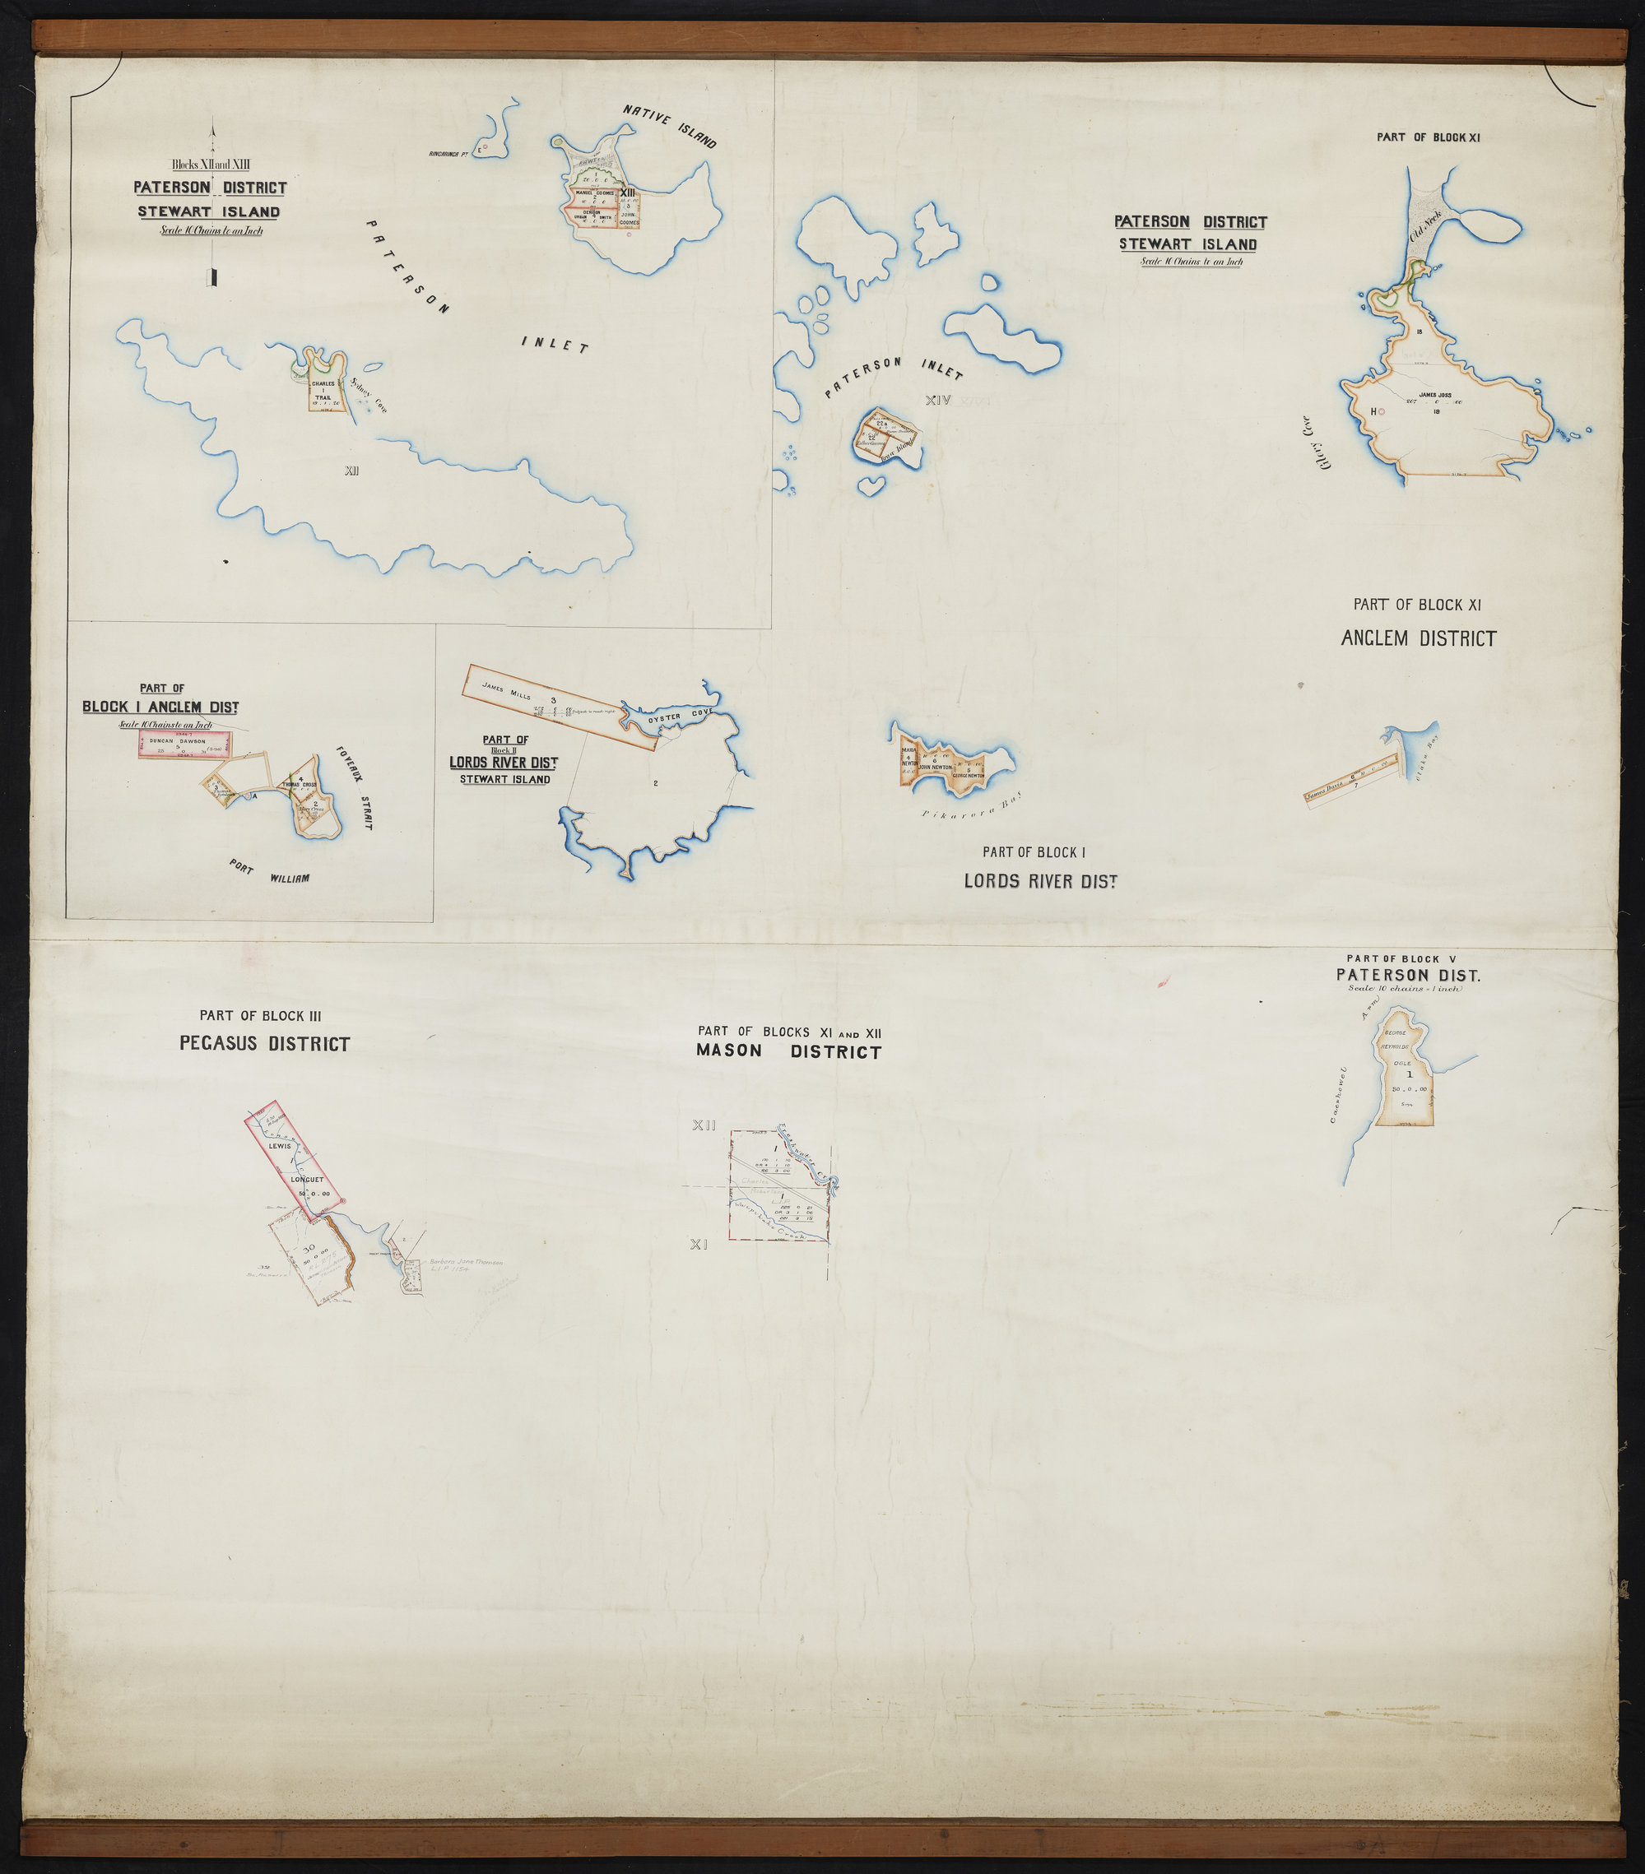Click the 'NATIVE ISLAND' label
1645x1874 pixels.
click(x=669, y=127)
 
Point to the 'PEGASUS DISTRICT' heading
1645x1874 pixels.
click(x=264, y=1043)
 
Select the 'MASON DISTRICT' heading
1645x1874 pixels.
click(x=788, y=1051)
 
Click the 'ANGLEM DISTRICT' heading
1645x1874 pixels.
click(x=1419, y=638)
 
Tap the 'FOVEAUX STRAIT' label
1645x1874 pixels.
click(x=354, y=787)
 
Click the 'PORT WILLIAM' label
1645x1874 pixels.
click(x=270, y=873)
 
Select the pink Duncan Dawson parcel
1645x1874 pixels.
click(x=179, y=744)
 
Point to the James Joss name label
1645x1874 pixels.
click(x=1435, y=395)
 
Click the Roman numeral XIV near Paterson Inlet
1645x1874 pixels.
click(x=939, y=400)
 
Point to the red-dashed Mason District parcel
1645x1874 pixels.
click(x=779, y=1187)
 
